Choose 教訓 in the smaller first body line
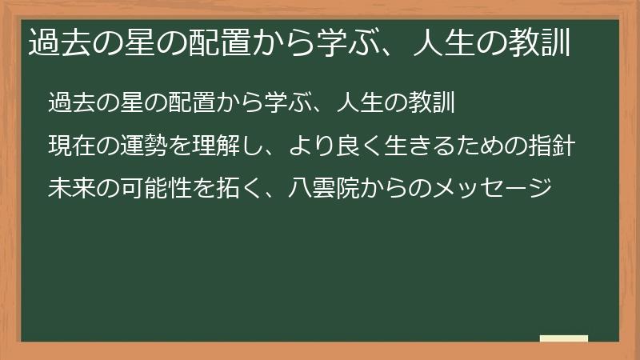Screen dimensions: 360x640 433,104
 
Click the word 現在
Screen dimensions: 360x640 71,147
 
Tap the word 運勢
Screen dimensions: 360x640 144,147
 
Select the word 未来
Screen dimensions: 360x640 71,190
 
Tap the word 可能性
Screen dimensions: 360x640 157,190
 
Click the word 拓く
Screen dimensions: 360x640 241,190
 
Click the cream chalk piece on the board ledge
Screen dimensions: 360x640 563,338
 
